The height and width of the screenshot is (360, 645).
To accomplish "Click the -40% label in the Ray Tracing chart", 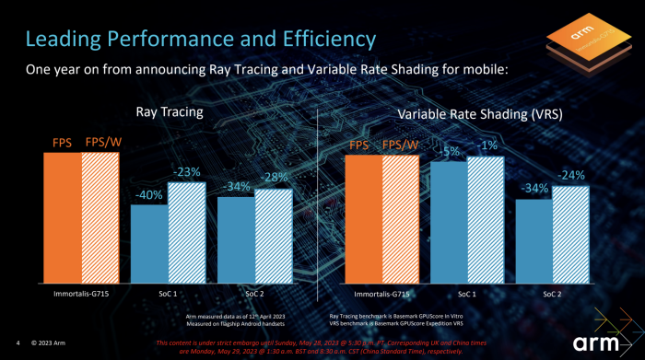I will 149,194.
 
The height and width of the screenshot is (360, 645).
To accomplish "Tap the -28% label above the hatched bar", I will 273,177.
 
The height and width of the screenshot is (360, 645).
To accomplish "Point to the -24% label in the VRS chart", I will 570,175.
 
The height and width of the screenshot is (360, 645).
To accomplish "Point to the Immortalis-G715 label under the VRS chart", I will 383,295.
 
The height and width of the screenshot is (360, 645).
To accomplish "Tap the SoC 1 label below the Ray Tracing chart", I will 168,295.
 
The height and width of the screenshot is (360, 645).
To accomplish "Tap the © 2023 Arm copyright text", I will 48,343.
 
